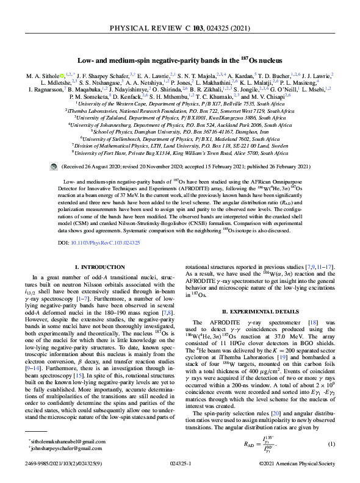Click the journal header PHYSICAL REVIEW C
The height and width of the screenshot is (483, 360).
click(x=180, y=28)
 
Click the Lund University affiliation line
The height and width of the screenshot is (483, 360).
click(x=180, y=147)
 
